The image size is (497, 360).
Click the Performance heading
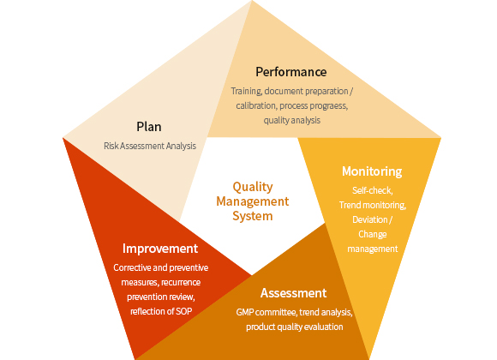[x=291, y=72]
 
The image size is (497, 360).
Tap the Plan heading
[x=148, y=127]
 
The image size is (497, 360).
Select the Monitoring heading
[x=372, y=171]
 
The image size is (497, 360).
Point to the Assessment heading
[x=293, y=293]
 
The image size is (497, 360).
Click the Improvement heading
[x=160, y=249]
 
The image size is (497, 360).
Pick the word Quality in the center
[x=253, y=187]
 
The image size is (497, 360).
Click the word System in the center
[x=253, y=216]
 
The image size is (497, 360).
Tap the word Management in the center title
[x=253, y=201]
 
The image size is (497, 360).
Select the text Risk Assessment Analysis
[x=150, y=146]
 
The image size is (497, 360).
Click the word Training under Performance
[x=246, y=92]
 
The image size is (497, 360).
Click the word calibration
[x=256, y=105]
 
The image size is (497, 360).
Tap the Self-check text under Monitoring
[x=373, y=190]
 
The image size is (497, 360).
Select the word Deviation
[x=370, y=219]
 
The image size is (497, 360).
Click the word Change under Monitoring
[x=373, y=234]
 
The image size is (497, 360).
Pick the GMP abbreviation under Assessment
[x=245, y=312]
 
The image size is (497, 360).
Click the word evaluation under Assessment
[x=326, y=327]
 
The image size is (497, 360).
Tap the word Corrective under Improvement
[x=132, y=267]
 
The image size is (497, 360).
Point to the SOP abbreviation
[x=184, y=311]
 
